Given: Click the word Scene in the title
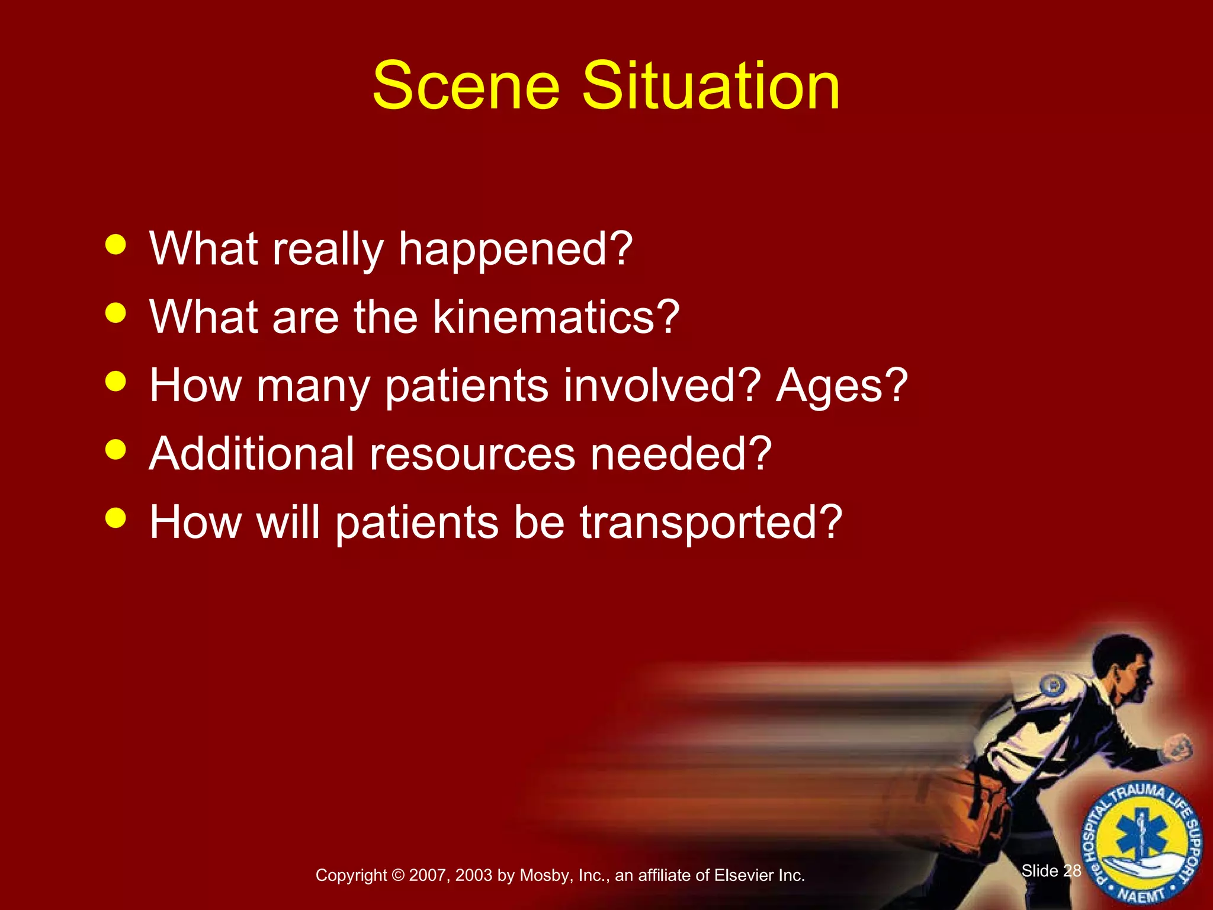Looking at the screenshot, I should tap(466, 86).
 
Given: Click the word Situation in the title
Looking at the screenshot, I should tap(711, 86).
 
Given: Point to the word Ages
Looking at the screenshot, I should tap(842, 385).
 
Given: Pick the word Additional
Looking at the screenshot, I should tap(252, 454).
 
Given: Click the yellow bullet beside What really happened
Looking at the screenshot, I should tap(115, 244).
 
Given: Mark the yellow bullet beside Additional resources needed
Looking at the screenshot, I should tap(115, 449).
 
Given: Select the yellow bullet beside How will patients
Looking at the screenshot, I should tap(115, 518).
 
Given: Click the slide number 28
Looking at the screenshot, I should tap(1071, 870).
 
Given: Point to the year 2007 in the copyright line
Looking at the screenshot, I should tap(428, 876).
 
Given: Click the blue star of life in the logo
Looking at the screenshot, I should tap(1142, 837).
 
